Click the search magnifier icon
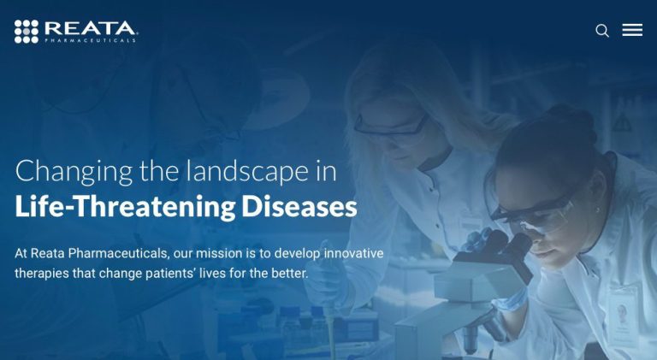pos(602,31)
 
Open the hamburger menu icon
pos(632,30)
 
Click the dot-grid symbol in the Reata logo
pos(27,32)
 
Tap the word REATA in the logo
pos(90,28)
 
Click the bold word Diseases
pos(299,206)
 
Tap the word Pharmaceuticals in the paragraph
pos(118,253)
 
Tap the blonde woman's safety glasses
pos(391,127)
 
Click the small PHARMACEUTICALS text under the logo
pos(90,40)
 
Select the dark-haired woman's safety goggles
pos(534,212)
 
